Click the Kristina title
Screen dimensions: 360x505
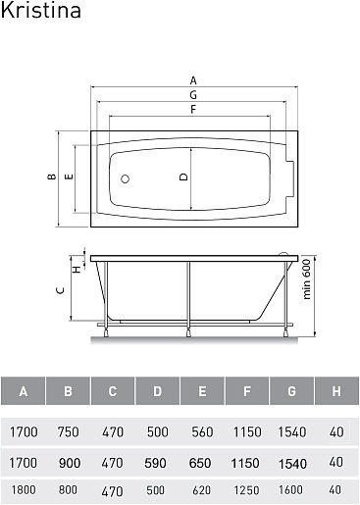pos(41,10)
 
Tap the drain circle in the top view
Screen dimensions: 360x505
pos(125,178)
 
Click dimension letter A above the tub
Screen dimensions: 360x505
pos(193,80)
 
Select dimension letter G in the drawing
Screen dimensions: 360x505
pos(193,95)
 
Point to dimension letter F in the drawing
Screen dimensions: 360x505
pos(193,109)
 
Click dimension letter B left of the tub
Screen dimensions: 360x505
pos(52,177)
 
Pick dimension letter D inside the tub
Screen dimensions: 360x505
pos(184,177)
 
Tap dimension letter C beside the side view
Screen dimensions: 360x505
pos(61,290)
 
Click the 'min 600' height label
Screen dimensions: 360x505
pos(306,278)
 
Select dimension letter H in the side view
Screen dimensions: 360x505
pos(77,270)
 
